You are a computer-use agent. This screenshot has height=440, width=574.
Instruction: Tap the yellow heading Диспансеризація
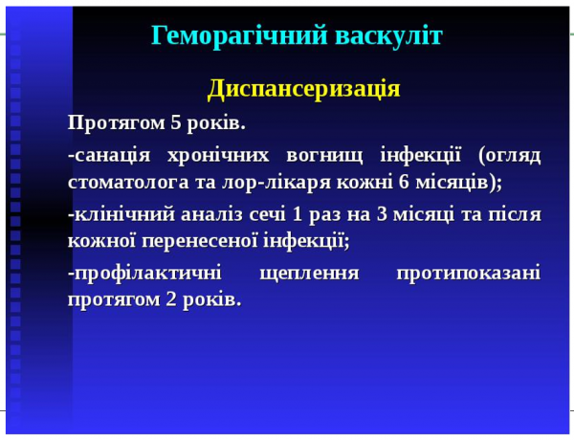click(x=303, y=89)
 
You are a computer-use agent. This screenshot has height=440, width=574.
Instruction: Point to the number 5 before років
click(x=175, y=123)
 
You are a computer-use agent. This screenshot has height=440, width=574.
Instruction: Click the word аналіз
click(x=219, y=213)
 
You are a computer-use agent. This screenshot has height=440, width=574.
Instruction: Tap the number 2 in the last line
click(x=158, y=299)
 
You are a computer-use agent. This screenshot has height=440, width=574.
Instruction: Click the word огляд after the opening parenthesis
click(x=516, y=155)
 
